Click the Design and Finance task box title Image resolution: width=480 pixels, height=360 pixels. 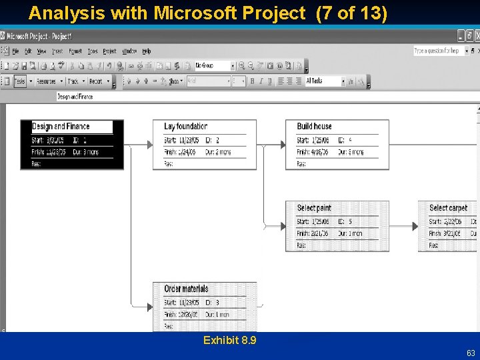point(61,127)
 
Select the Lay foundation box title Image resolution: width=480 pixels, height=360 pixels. point(186,126)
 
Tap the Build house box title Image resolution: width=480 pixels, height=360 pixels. point(314,126)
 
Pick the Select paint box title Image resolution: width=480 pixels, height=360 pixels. point(314,208)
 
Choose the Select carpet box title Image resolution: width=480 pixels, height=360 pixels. point(448,208)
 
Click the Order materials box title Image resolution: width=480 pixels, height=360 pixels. point(186,289)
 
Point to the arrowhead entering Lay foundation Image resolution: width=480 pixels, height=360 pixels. point(150,145)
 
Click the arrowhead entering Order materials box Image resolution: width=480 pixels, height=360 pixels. point(150,307)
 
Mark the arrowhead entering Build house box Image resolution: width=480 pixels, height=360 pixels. point(283,145)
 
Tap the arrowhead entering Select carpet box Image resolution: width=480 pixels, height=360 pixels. point(415,226)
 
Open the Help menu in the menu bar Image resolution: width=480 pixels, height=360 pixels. point(147,51)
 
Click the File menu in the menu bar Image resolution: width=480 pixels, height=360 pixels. point(15,51)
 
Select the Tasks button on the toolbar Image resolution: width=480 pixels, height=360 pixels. point(20,81)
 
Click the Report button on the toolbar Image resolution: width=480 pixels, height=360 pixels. point(96,81)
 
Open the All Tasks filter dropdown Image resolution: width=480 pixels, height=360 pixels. point(325,81)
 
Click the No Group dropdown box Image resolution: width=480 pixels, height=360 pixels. point(214,66)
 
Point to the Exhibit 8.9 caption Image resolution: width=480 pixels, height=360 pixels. point(230,341)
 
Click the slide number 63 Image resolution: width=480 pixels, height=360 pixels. point(471,353)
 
